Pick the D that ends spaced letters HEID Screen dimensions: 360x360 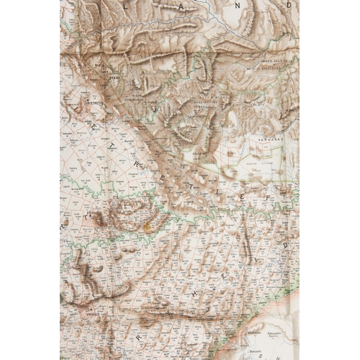pos(284,243)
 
